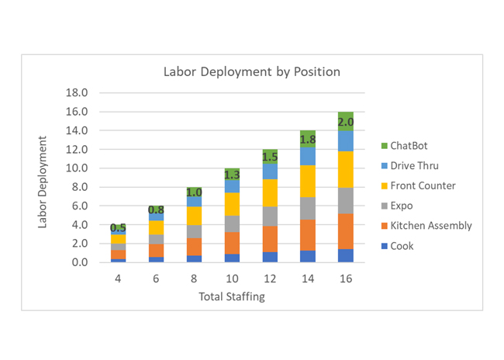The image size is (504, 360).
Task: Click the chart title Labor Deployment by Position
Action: click(251, 72)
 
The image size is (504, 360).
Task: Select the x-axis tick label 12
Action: click(270, 278)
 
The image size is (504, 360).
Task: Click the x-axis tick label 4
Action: click(118, 278)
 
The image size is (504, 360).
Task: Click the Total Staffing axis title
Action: click(232, 296)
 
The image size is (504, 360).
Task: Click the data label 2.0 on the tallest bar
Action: click(346, 123)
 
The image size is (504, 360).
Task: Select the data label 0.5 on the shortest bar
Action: click(119, 228)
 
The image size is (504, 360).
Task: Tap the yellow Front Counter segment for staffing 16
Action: click(346, 169)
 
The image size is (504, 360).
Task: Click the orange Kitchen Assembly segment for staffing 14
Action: click(308, 235)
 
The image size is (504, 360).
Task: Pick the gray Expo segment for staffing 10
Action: click(232, 223)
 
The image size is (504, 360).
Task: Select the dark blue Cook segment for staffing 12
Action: click(270, 257)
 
